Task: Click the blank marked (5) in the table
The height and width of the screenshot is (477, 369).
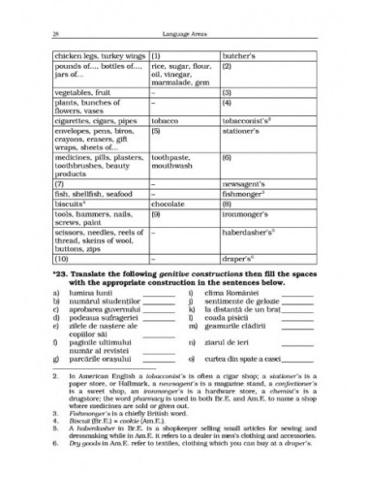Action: [x=156, y=125]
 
